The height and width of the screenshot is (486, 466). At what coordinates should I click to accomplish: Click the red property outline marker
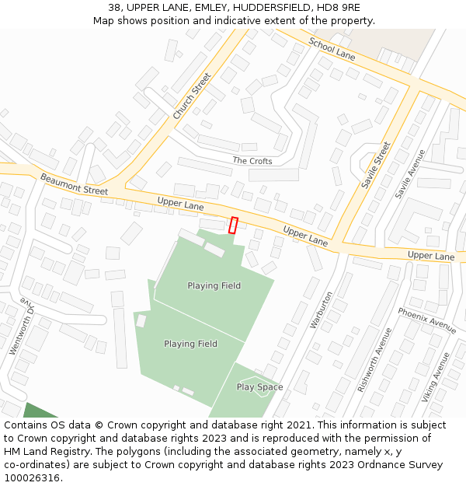(233, 225)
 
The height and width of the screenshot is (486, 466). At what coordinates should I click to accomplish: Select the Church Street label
(192, 96)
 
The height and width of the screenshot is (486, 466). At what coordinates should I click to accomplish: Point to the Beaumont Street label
(75, 184)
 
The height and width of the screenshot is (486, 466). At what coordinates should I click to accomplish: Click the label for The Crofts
(252, 161)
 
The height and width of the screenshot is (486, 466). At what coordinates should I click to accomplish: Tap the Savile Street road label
(374, 165)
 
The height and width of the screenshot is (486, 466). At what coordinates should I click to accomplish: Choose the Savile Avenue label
(410, 173)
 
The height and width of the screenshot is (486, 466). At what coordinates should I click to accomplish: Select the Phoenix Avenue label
(426, 320)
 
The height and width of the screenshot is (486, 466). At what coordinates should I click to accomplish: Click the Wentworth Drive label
(22, 327)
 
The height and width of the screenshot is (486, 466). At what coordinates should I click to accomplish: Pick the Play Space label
(259, 387)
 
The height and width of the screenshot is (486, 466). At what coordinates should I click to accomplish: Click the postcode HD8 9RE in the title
(338, 7)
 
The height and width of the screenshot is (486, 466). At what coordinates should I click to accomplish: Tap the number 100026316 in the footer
(33, 478)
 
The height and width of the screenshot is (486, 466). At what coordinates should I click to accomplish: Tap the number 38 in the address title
(114, 7)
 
